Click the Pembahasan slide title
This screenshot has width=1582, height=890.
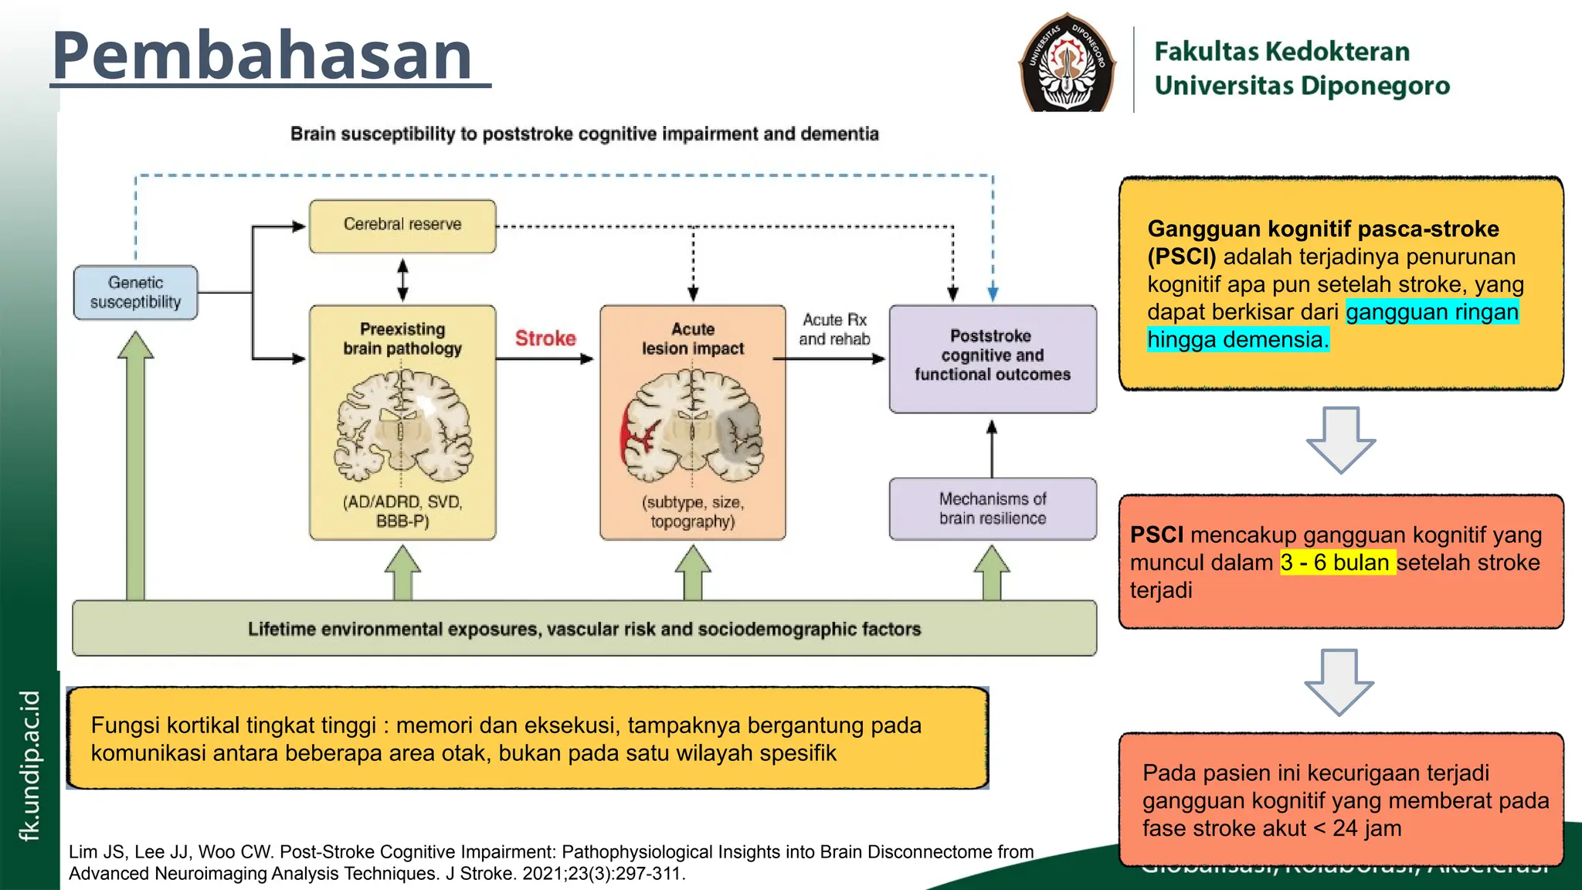click(263, 56)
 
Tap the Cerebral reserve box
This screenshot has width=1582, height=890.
click(402, 226)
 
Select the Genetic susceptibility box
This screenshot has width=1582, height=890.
click(136, 293)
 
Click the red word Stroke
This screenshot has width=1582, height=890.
click(545, 338)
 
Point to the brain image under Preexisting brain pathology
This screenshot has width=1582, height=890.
click(403, 426)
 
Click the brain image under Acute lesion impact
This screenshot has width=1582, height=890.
click(693, 426)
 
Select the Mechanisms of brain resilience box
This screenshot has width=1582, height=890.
click(993, 509)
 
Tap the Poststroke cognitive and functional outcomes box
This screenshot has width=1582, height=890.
click(993, 356)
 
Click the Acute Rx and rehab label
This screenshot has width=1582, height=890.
click(834, 330)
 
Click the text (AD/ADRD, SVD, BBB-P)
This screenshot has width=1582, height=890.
click(402, 511)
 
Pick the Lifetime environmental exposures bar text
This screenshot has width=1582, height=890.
click(584, 629)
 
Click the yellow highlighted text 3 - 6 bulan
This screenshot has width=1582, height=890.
click(1337, 562)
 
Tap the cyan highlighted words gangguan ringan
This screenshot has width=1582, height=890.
click(1431, 312)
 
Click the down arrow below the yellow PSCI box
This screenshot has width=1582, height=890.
click(1340, 440)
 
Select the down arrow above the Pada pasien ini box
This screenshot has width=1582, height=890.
click(1339, 681)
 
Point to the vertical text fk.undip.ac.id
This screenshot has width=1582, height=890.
click(29, 765)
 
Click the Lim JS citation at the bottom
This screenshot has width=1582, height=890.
click(551, 862)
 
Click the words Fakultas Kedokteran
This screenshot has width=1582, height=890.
click(1282, 52)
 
